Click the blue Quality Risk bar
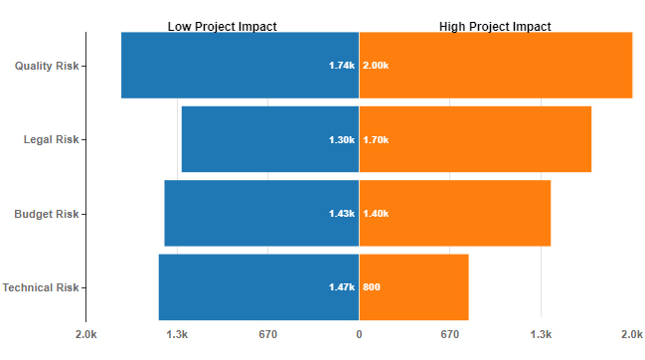pyautogui.click(x=240, y=66)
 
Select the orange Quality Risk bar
pyautogui.click(x=495, y=66)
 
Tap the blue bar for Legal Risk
pyautogui.click(x=269, y=139)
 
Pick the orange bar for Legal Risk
pyautogui.click(x=475, y=139)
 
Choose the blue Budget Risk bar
pyautogui.click(x=261, y=214)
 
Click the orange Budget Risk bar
pyautogui.click(x=454, y=214)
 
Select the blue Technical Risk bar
pyautogui.click(x=258, y=287)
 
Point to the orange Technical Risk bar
pyautogui.click(x=413, y=287)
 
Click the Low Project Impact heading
pyautogui.click(x=222, y=26)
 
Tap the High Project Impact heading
pyautogui.click(x=495, y=26)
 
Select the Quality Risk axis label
pyautogui.click(x=47, y=66)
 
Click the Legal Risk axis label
pyautogui.click(x=51, y=139)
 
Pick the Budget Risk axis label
pyautogui.click(x=47, y=214)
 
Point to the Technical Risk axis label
pyautogui.click(x=41, y=287)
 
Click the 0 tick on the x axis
pyautogui.click(x=359, y=334)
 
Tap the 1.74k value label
pyautogui.click(x=341, y=66)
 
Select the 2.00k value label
pyautogui.click(x=376, y=66)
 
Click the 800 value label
pyautogui.click(x=372, y=287)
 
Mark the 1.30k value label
pyautogui.click(x=341, y=139)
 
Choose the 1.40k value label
pyautogui.click(x=376, y=214)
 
